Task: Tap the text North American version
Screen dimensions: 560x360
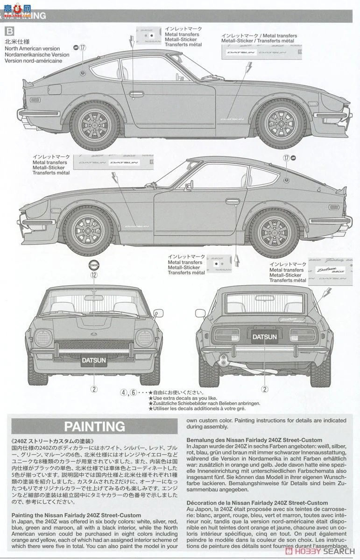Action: (32, 49)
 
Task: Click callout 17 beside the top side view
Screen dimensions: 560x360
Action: (83, 47)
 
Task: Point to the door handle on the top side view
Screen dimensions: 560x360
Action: (136, 94)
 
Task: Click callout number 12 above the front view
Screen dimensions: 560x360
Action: (94, 275)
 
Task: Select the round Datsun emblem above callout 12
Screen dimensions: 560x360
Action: (94, 265)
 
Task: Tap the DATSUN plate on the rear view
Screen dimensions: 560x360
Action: (265, 336)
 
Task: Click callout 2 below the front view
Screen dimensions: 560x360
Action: (94, 389)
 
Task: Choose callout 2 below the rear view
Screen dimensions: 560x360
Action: (265, 389)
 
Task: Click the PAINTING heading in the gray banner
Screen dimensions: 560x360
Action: (94, 426)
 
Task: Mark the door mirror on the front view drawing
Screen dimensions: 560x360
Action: (158, 313)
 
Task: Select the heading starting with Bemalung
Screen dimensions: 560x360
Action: (254, 440)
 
